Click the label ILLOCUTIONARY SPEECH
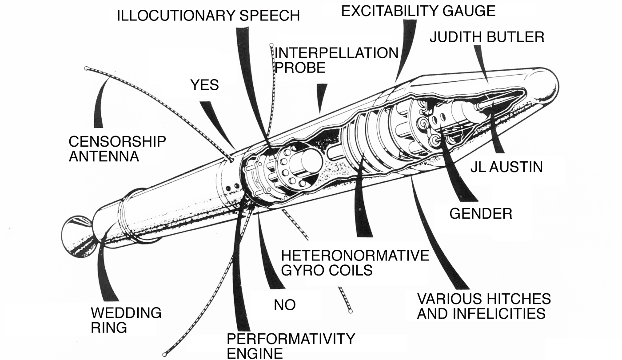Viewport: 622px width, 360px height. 208,16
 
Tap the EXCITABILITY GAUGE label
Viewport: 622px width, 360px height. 418,11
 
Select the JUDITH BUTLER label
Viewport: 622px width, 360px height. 487,37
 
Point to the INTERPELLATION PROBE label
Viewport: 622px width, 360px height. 336,60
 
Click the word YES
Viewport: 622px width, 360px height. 205,85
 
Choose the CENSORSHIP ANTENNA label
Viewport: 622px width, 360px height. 117,149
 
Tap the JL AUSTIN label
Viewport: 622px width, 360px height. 506,167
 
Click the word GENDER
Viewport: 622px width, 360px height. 481,214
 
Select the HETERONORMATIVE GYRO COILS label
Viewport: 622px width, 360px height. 355,263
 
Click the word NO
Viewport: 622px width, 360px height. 285,305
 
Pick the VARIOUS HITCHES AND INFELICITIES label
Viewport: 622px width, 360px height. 484,306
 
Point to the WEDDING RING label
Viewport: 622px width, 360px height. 126,320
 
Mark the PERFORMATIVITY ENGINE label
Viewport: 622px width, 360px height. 291,346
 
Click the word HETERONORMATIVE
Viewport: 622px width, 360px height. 355,256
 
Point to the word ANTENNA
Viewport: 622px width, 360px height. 104,156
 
